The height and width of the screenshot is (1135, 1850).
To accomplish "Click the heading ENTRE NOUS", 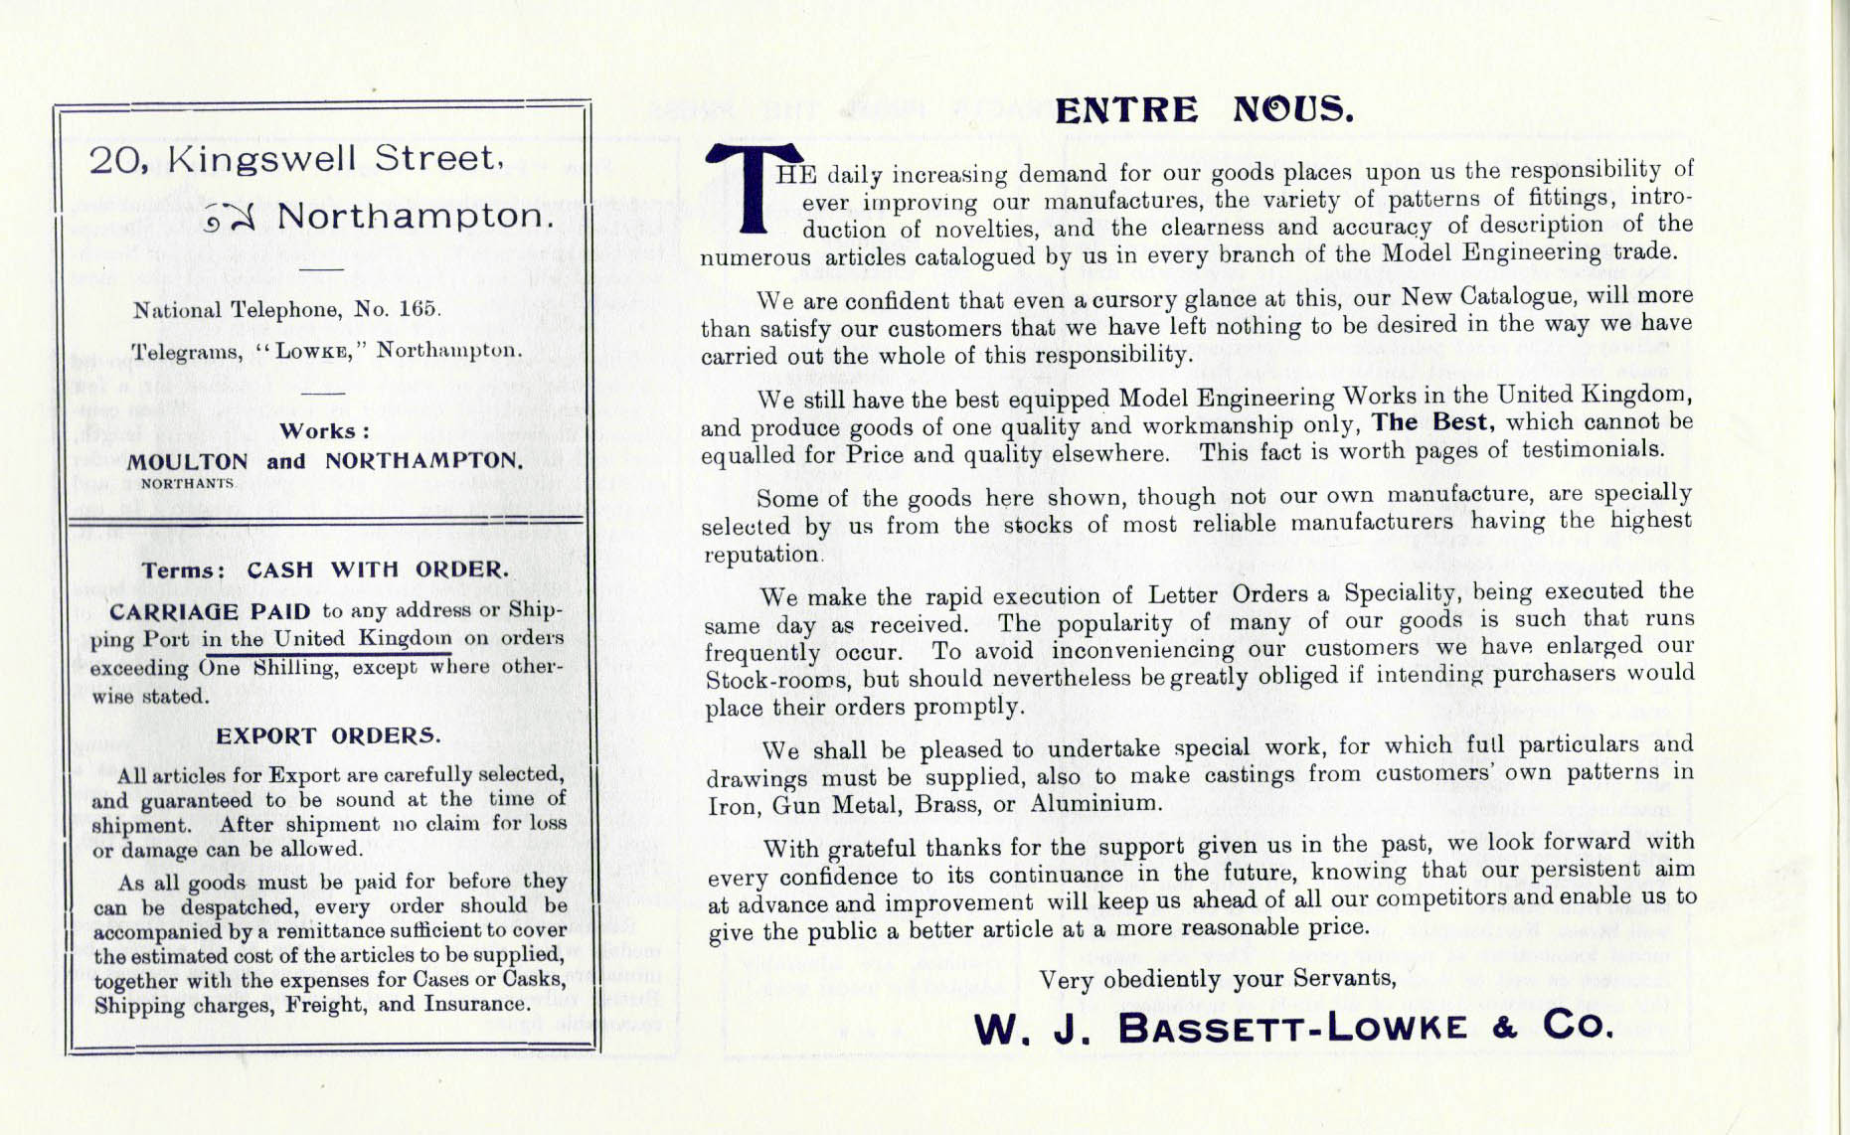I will click(x=1204, y=109).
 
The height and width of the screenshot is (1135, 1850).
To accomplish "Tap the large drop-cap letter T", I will click(x=754, y=187).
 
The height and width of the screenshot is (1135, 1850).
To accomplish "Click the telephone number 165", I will click(x=418, y=309).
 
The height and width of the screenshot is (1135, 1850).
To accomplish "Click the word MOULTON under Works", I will click(x=188, y=462).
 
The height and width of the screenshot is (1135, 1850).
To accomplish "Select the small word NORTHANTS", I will click(x=188, y=484).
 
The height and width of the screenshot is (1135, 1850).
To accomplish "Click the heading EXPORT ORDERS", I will click(x=328, y=736).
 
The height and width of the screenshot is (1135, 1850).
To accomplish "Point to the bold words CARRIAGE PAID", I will click(x=210, y=611).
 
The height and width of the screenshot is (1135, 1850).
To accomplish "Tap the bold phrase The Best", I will click(x=1430, y=422).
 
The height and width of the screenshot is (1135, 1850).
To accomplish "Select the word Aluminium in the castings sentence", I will click(x=1094, y=803).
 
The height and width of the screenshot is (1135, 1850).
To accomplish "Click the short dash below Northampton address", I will click(x=321, y=268).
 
